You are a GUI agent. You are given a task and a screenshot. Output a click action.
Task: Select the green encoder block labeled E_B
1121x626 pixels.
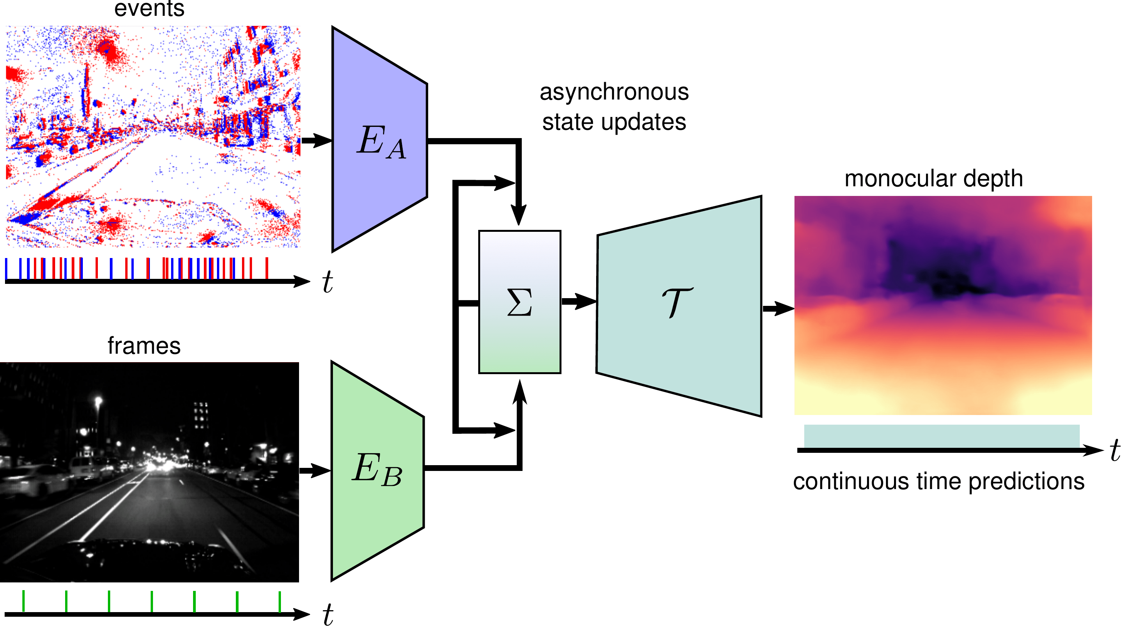377,471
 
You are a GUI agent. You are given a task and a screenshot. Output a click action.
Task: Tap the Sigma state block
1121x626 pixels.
519,302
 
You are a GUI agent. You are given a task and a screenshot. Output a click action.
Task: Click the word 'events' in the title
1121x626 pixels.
149,9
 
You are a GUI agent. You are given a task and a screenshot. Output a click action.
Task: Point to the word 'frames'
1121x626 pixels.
144,346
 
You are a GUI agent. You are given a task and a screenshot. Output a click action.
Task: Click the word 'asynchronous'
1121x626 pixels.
614,92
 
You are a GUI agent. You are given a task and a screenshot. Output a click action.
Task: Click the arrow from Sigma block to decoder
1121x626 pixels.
579,301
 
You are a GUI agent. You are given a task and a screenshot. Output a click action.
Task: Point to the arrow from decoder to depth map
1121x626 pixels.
778,309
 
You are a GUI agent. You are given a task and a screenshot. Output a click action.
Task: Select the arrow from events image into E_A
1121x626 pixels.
316,140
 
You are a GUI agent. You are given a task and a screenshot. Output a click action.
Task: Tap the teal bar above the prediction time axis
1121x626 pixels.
942,435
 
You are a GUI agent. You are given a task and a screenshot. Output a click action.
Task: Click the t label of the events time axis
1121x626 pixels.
327,282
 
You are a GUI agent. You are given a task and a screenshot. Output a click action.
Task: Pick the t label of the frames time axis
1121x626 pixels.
328,614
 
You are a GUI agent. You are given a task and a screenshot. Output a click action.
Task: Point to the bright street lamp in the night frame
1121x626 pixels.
98,400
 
